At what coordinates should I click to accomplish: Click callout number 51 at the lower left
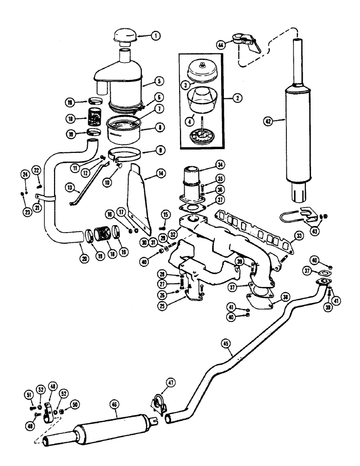tap(28, 396)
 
